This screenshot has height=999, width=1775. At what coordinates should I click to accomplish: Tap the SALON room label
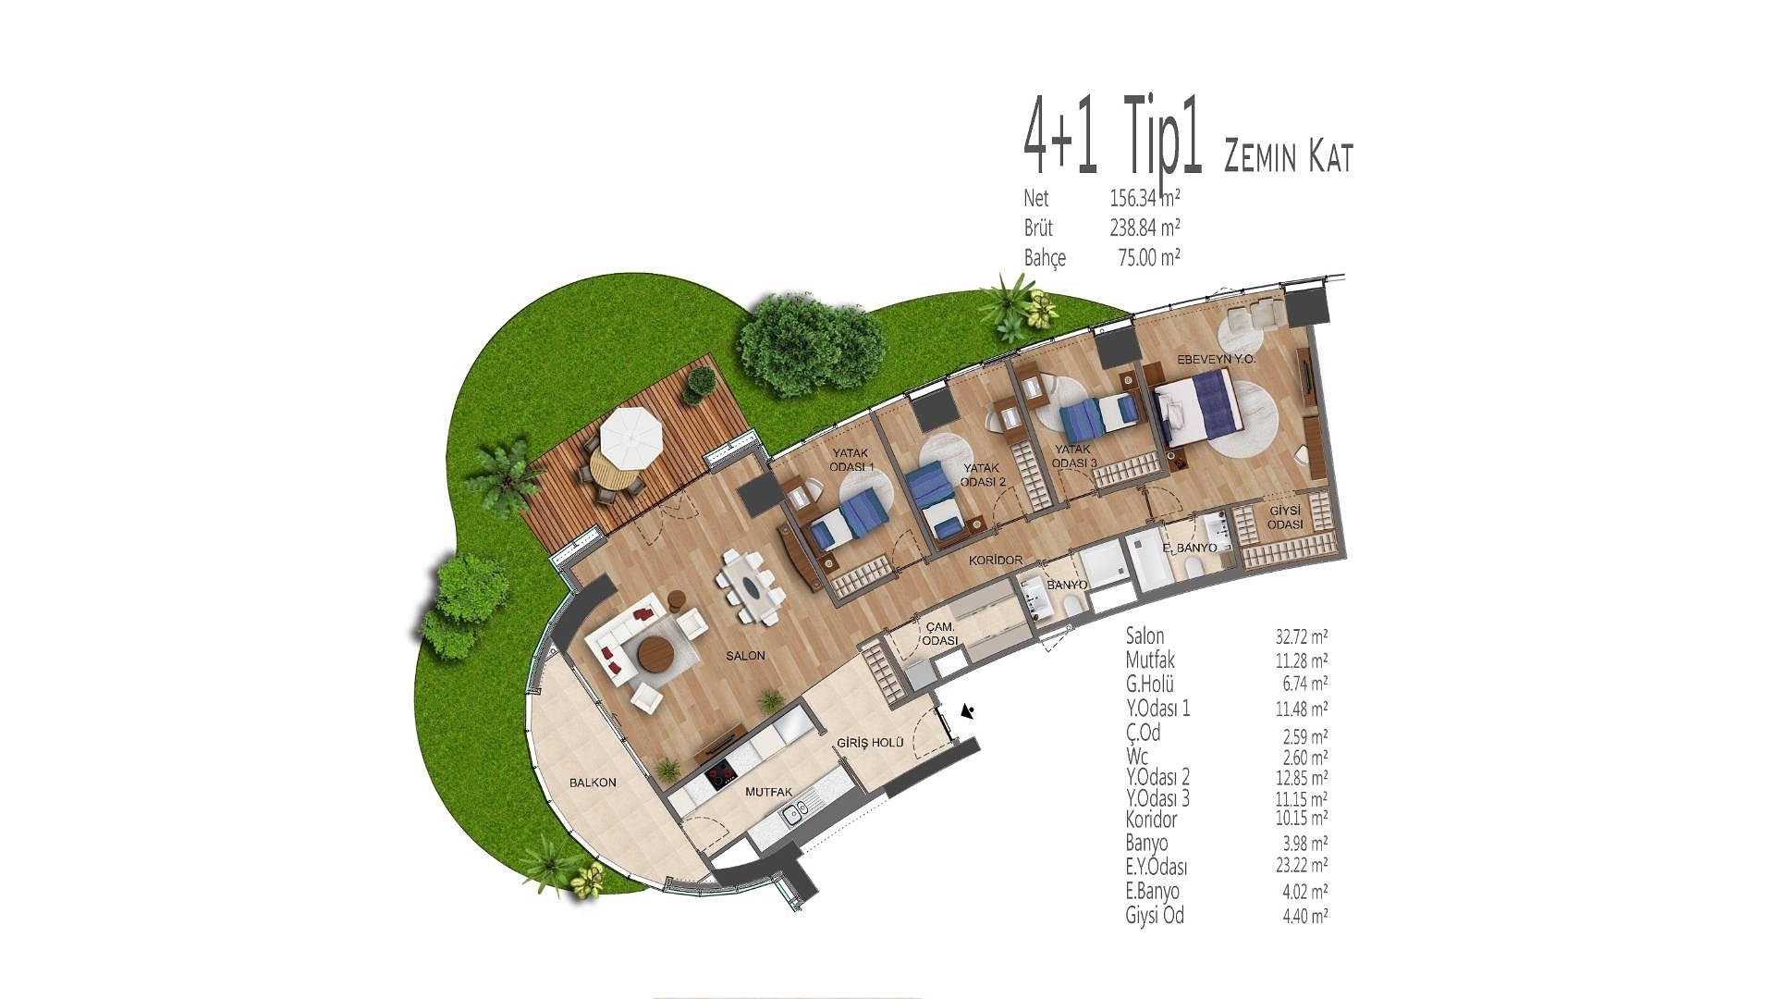click(x=745, y=655)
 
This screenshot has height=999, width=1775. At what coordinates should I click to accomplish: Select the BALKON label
click(x=593, y=783)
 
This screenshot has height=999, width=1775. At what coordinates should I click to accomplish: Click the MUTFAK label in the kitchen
click(x=769, y=793)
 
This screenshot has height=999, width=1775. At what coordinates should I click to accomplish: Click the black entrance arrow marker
click(x=968, y=711)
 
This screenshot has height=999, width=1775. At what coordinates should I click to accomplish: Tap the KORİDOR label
click(x=996, y=561)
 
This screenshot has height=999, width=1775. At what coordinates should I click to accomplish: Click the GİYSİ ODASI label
click(x=1286, y=517)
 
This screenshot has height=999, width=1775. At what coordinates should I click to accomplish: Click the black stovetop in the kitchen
click(x=722, y=774)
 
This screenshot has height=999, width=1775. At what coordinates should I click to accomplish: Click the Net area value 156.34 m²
click(x=1145, y=198)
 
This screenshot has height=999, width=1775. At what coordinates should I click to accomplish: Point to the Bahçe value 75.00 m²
click(x=1148, y=257)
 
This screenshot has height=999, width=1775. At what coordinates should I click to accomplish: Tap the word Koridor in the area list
click(x=1152, y=820)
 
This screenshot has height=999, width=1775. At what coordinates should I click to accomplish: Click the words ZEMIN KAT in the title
click(x=1288, y=157)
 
